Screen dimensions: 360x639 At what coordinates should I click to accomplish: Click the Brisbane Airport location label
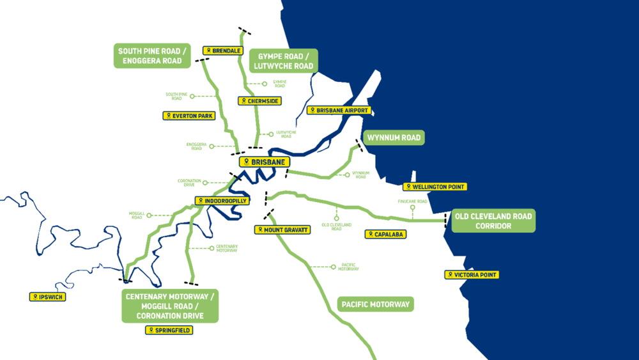(x=339, y=110)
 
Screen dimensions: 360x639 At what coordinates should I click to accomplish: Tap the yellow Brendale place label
(x=222, y=51)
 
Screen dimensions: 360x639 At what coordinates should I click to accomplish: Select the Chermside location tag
(x=259, y=101)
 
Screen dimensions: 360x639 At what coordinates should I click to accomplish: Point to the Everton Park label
(x=189, y=116)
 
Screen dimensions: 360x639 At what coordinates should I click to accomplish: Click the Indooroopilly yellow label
(x=222, y=201)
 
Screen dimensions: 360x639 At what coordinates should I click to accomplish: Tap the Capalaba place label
(x=385, y=234)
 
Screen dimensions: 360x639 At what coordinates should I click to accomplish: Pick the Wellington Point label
(x=435, y=187)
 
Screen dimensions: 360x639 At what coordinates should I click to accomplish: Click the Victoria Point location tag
(x=471, y=275)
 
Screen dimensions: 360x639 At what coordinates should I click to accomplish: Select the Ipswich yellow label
(x=49, y=297)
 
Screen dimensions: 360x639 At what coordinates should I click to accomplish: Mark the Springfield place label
(x=169, y=331)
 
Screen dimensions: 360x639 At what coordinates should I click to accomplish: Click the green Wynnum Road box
(x=394, y=138)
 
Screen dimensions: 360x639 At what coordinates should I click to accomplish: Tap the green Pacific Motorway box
(x=375, y=304)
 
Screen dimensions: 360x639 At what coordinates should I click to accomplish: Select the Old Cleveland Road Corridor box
(x=493, y=221)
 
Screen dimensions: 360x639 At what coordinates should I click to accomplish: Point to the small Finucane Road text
(x=413, y=201)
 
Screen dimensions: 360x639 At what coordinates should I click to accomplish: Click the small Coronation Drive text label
(x=189, y=182)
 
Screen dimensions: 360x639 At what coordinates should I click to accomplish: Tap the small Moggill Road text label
(x=136, y=215)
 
